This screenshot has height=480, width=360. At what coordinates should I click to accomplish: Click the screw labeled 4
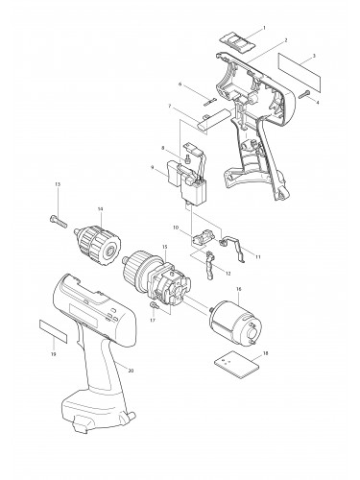coord(302,93)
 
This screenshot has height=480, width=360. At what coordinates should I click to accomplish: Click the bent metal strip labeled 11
coord(235,244)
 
